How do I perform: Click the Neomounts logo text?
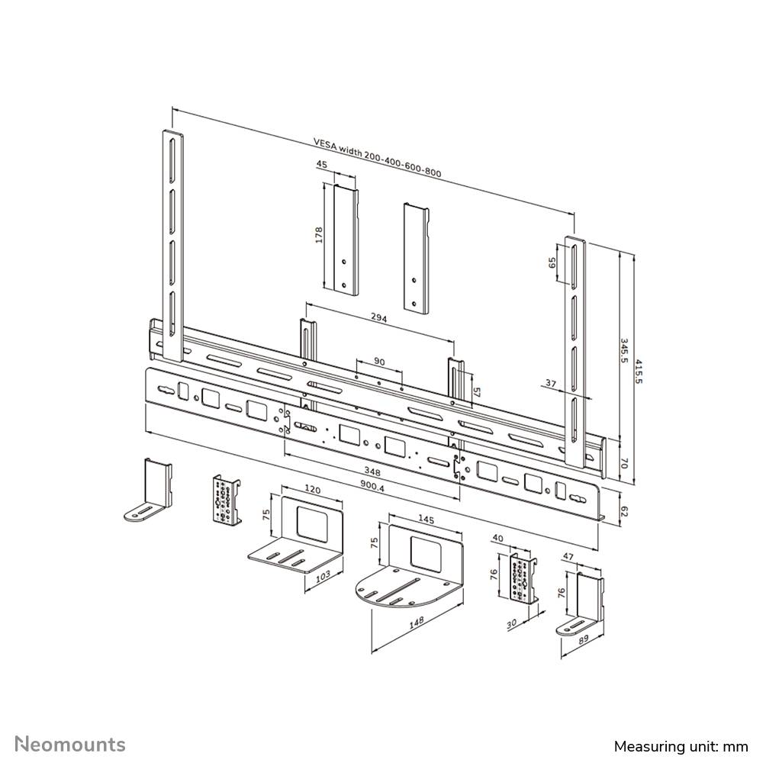click(70, 744)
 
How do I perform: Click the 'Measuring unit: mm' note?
click(680, 745)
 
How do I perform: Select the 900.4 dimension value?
click(373, 485)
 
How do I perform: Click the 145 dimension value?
click(426, 519)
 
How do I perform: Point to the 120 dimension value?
click(313, 489)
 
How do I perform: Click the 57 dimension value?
click(477, 391)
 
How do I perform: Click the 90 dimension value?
click(379, 361)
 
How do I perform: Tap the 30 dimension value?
click(511, 622)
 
